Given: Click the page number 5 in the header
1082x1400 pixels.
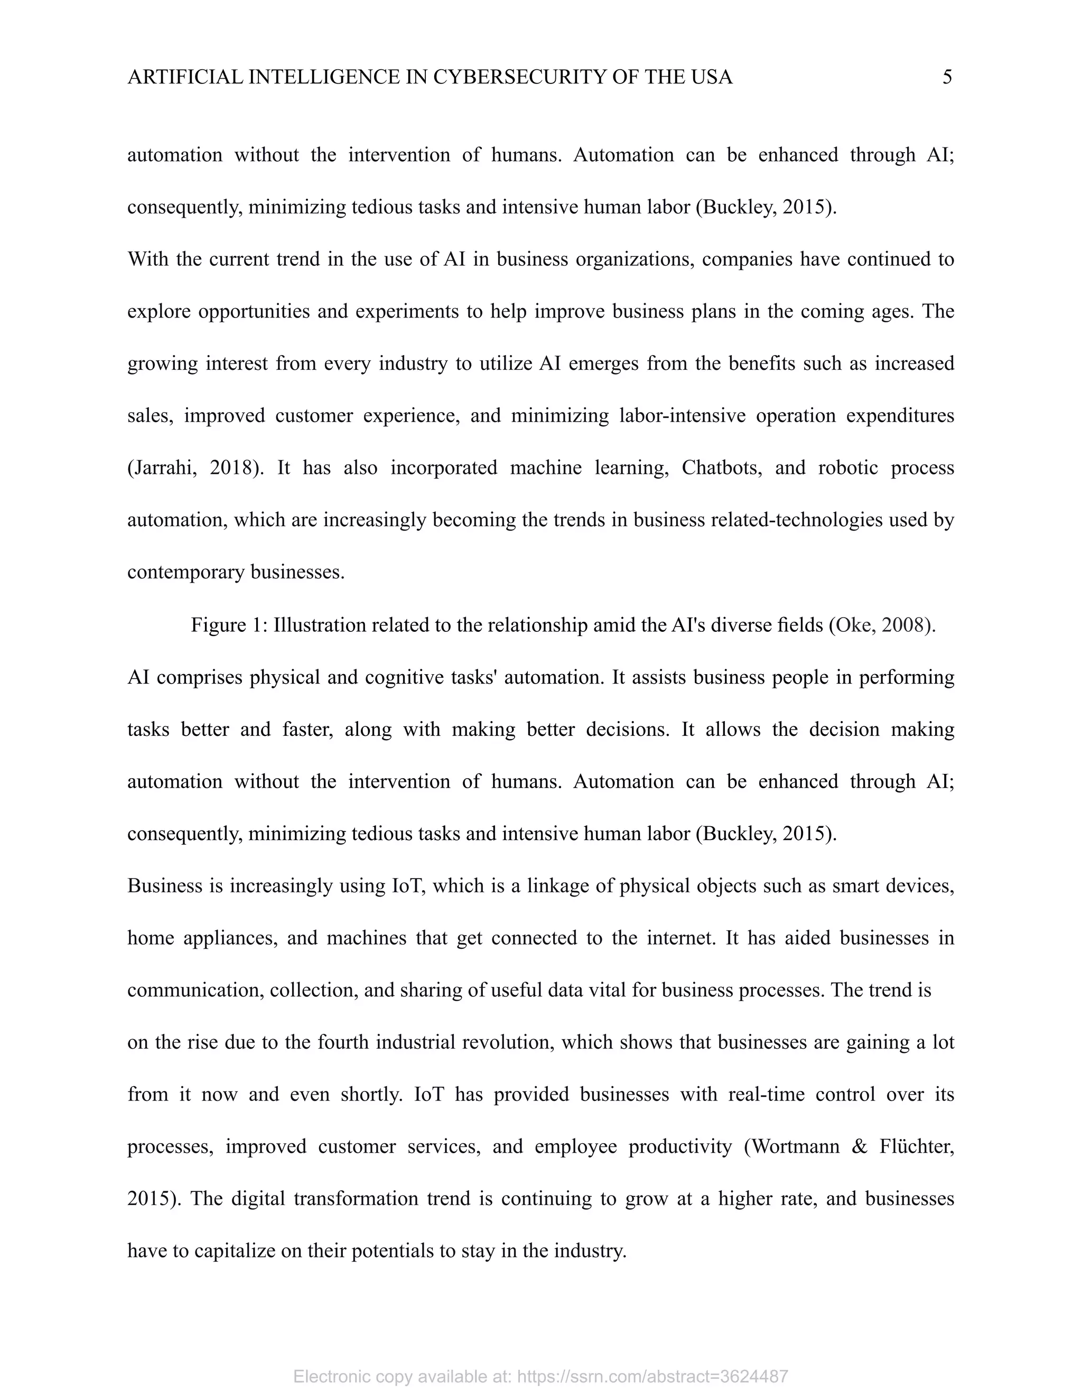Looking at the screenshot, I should click(x=947, y=78).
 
